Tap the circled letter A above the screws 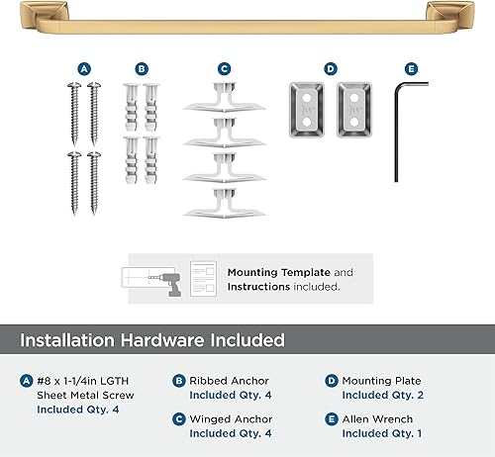tap(84, 69)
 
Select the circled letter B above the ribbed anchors tap(142, 69)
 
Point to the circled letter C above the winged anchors tap(225, 69)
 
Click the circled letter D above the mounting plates tap(331, 69)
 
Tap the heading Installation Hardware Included tap(153, 340)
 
